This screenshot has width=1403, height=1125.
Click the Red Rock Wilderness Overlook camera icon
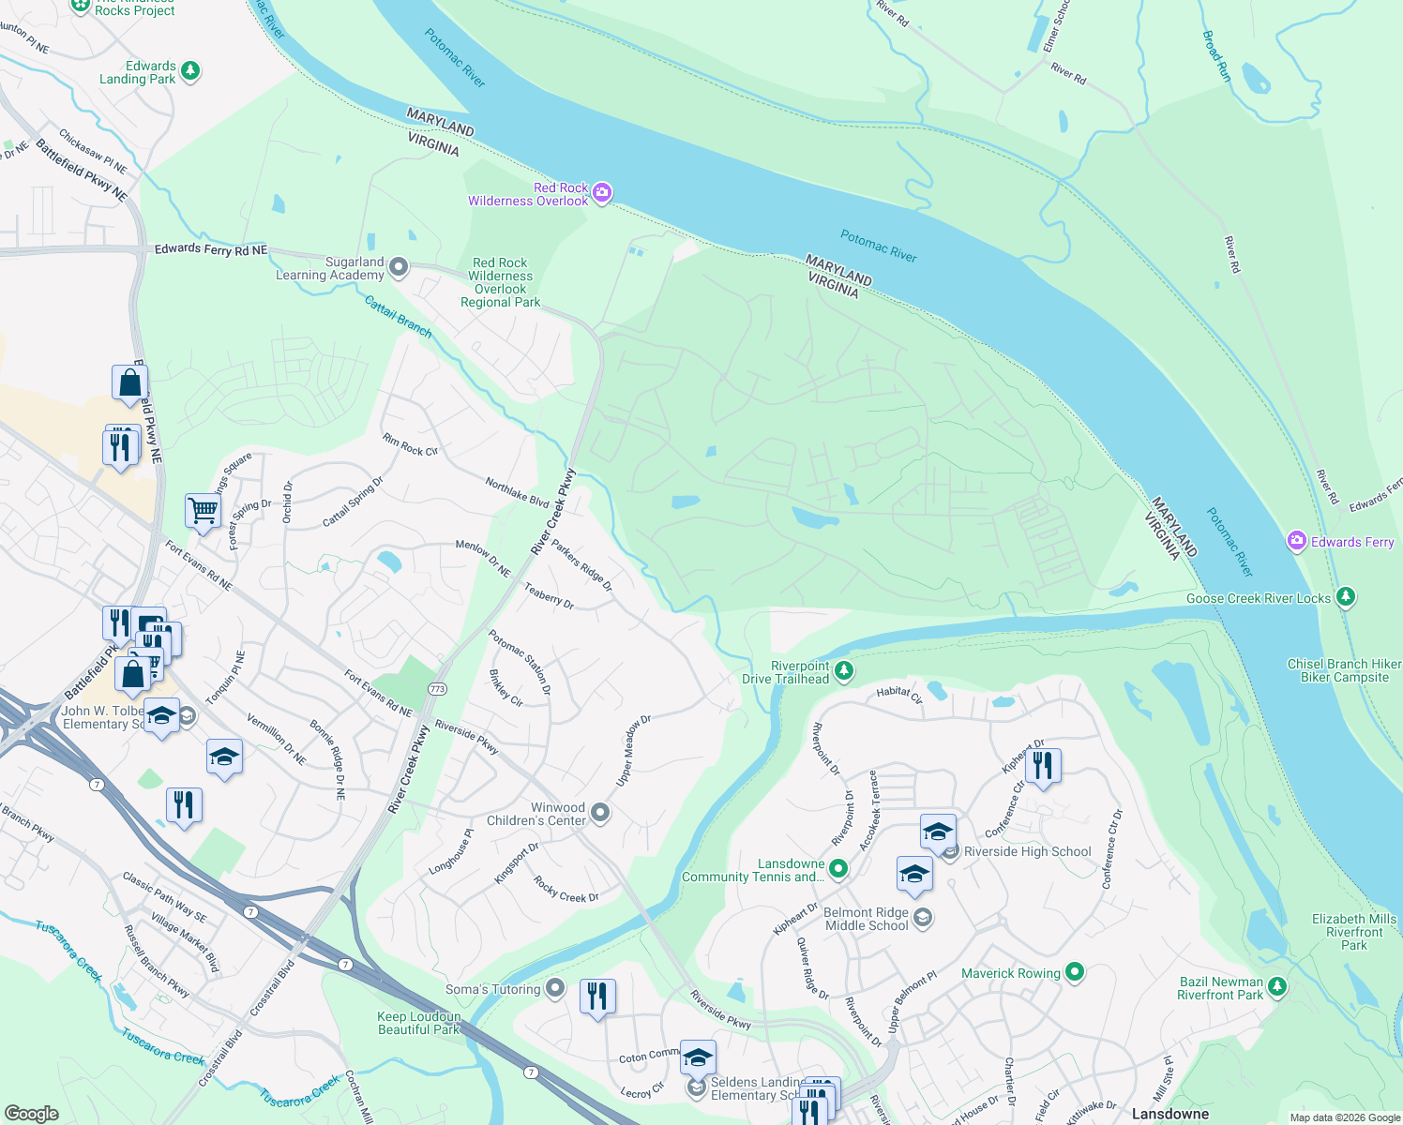(602, 193)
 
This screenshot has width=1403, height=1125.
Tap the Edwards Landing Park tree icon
(190, 70)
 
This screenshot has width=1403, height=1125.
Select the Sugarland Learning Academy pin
(399, 268)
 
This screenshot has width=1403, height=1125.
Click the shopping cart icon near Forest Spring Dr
(203, 511)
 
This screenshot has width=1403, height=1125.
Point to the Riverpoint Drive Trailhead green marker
(844, 670)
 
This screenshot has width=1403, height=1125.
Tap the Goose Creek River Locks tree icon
(1346, 596)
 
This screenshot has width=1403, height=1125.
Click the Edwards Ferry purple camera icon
(1297, 541)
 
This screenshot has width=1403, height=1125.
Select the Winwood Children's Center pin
(600, 812)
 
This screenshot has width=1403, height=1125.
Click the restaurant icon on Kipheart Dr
(1043, 766)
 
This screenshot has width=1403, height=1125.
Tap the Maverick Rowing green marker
(1075, 972)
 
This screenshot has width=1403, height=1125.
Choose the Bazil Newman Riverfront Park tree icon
(1277, 986)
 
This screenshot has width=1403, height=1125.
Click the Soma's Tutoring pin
(555, 988)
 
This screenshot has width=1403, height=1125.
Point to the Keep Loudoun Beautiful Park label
(419, 1023)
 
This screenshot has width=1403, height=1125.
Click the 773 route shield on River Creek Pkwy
(438, 689)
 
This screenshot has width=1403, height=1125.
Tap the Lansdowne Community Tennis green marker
(838, 869)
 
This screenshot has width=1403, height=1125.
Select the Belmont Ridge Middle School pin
(923, 918)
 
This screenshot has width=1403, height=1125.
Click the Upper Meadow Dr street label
(633, 750)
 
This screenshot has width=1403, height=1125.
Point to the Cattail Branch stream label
(398, 317)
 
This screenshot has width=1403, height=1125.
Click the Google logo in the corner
(31, 1113)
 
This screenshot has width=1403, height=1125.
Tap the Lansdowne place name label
(1169, 1114)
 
